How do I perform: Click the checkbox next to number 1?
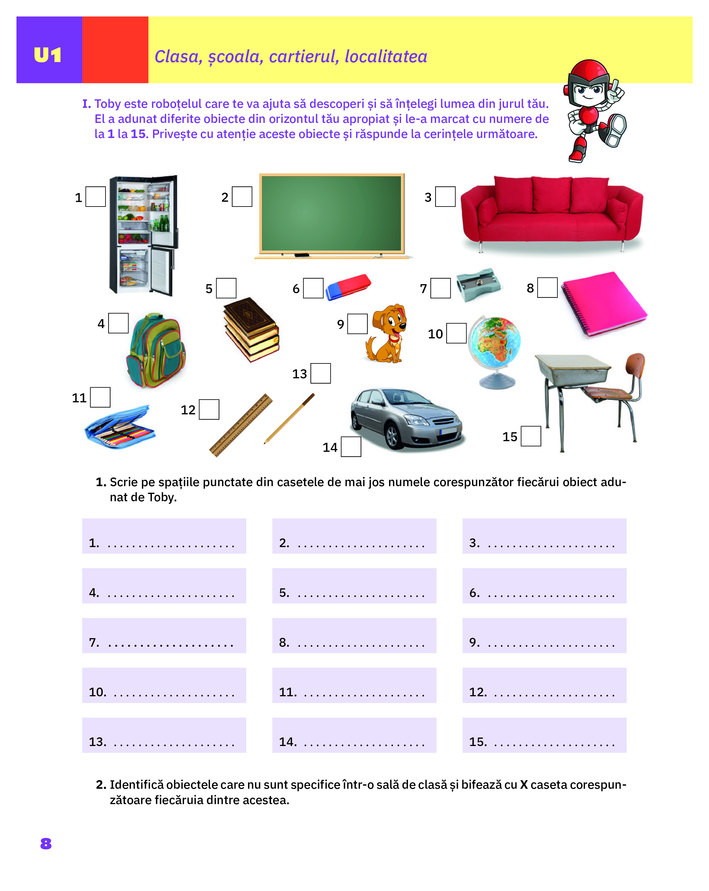click(96, 197)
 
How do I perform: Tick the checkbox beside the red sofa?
click(445, 197)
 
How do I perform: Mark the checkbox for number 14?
click(351, 447)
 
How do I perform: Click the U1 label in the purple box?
click(48, 55)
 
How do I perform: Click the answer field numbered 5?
click(354, 586)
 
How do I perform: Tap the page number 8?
click(46, 844)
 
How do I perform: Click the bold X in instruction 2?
click(524, 785)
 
